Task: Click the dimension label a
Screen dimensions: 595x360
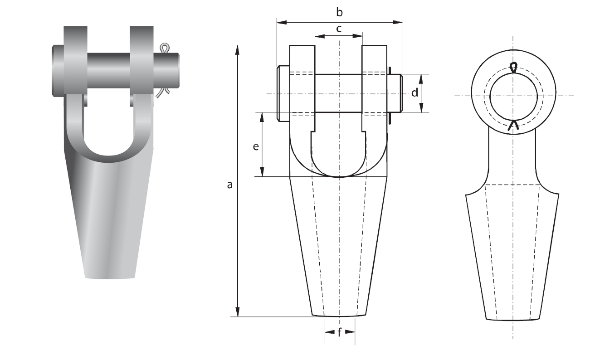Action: [x=230, y=185]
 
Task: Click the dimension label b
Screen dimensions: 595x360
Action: [x=339, y=12]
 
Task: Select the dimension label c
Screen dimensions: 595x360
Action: [x=339, y=29]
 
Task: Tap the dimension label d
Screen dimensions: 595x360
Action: [x=415, y=92]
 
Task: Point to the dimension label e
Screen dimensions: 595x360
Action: [x=255, y=146]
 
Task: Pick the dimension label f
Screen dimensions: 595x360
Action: [x=340, y=332]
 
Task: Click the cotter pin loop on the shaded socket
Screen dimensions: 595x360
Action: [x=164, y=48]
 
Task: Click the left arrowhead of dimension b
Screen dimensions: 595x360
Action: [x=282, y=22]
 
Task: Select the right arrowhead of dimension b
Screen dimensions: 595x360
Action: [x=398, y=22]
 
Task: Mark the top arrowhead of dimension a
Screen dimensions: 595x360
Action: [x=238, y=51]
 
